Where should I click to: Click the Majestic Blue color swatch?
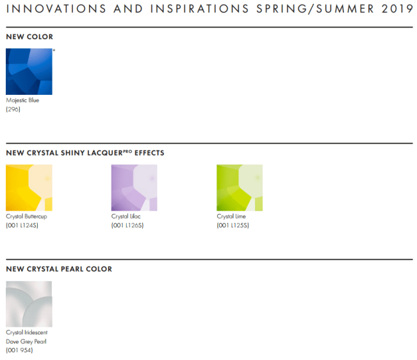click(29, 72)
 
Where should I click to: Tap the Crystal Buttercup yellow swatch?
click(29, 188)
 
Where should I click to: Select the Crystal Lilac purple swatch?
click(134, 188)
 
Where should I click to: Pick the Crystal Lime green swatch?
click(240, 188)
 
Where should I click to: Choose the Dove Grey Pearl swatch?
click(29, 304)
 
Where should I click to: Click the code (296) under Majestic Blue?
click(13, 109)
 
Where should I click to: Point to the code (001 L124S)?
click(22, 225)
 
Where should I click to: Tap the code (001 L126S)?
click(127, 225)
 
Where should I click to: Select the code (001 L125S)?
click(233, 225)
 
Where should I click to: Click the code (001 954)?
click(19, 350)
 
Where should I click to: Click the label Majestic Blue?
click(22, 100)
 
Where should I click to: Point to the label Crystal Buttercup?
click(26, 217)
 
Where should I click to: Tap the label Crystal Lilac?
click(126, 217)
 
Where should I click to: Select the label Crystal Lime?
click(231, 217)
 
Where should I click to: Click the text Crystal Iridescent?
click(27, 332)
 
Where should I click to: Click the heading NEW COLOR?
click(29, 37)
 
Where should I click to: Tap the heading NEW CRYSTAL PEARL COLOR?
click(59, 269)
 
